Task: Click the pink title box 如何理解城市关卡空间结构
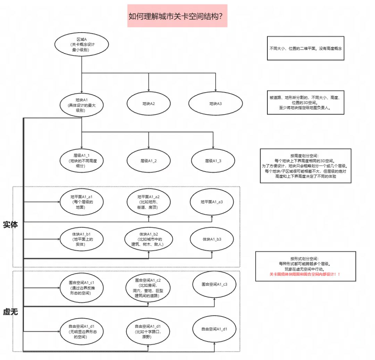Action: click(x=177, y=16)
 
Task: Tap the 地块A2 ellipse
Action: click(x=148, y=104)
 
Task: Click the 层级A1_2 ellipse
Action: click(x=148, y=161)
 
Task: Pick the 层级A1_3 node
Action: click(x=213, y=161)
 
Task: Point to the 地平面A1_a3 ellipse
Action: click(x=212, y=202)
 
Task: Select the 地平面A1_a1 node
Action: click(x=82, y=202)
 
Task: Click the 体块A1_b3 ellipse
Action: click(x=212, y=239)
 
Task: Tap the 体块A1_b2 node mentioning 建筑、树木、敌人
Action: click(x=148, y=239)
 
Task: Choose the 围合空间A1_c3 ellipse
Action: click(x=214, y=284)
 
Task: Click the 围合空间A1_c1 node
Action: click(x=82, y=286)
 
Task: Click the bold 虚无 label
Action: click(x=10, y=312)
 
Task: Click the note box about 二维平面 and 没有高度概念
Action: click(x=306, y=49)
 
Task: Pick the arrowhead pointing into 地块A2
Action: click(x=149, y=90)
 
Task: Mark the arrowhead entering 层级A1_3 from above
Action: click(x=213, y=147)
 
